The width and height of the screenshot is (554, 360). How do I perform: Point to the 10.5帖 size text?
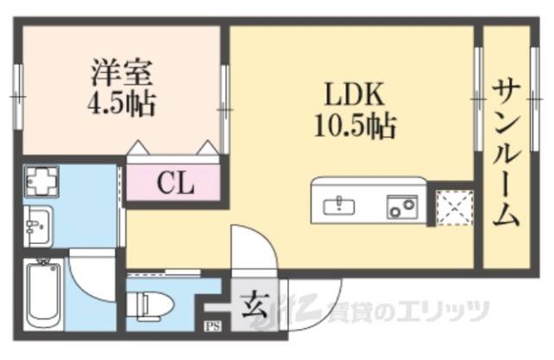pos(354,127)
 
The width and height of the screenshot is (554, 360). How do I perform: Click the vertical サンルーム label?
pos(506,151)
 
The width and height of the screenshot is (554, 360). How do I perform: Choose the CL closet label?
pos(175,183)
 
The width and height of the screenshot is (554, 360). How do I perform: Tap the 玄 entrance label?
pos(254,304)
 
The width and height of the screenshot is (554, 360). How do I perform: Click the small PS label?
pos(211,326)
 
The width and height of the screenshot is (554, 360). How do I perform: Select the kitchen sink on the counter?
pos(339,205)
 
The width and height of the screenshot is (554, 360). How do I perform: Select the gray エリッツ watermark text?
pos(459,310)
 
